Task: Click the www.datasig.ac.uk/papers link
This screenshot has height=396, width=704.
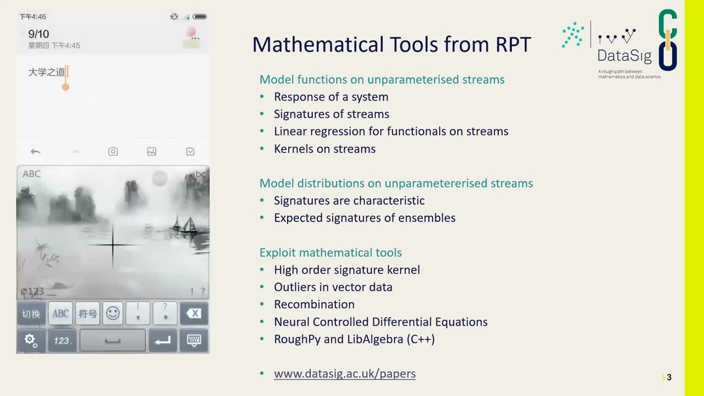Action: click(344, 373)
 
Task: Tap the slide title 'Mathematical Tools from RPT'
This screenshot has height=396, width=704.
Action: click(391, 45)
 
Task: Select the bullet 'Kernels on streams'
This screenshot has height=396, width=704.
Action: click(324, 149)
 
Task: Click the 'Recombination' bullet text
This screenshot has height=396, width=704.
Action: click(314, 305)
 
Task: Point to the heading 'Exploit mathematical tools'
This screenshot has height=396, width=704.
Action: click(331, 252)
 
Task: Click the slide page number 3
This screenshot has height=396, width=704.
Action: click(669, 377)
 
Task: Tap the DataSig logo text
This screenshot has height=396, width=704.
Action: click(624, 56)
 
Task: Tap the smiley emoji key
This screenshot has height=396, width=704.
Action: click(113, 313)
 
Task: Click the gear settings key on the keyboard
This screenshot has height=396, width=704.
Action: click(31, 340)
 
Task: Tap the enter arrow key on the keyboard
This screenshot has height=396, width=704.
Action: click(163, 340)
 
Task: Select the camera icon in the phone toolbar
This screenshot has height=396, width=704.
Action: click(113, 152)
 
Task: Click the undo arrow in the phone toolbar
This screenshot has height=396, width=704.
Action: click(36, 152)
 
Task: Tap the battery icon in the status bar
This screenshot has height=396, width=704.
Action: click(200, 16)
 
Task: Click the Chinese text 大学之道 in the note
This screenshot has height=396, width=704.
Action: click(47, 72)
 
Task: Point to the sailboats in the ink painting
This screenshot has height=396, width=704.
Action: click(184, 224)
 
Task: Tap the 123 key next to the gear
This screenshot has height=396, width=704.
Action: click(61, 340)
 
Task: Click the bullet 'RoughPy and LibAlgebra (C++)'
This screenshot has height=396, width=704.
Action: click(354, 339)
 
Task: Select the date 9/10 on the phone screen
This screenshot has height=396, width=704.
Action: click(38, 34)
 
